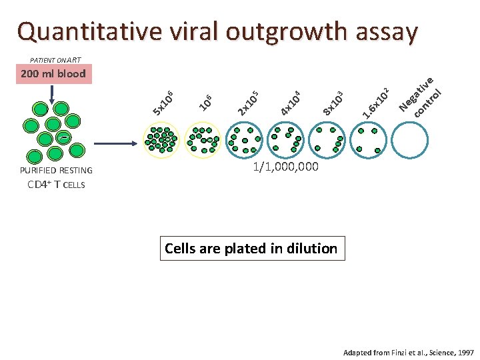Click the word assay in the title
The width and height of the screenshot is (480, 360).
tap(384, 31)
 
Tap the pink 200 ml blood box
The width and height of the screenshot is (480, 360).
tap(53, 73)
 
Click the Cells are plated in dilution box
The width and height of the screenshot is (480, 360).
tap(251, 249)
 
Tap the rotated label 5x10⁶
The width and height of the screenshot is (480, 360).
tap(163, 102)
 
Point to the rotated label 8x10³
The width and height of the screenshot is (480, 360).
tap(333, 102)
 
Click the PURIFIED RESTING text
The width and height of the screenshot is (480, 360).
tap(57, 171)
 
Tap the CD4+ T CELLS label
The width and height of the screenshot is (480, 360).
tap(57, 184)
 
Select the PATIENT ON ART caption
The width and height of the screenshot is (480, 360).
tap(56, 58)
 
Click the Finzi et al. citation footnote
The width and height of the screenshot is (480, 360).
tap(409, 351)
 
